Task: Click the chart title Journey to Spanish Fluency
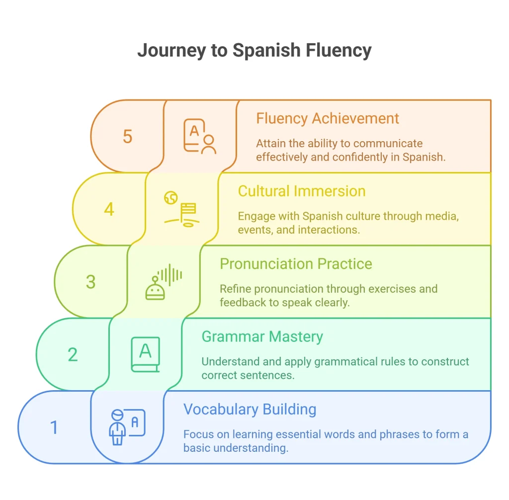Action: click(254, 51)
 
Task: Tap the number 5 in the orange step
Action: click(128, 136)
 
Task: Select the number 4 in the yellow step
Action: click(109, 209)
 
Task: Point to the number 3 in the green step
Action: click(91, 282)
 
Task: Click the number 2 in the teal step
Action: click(73, 354)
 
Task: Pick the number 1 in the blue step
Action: click(54, 427)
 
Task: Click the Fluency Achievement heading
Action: click(328, 118)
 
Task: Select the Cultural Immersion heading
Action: click(302, 191)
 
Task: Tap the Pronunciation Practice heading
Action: click(296, 264)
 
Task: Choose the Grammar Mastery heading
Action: click(262, 337)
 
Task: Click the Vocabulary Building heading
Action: click(250, 410)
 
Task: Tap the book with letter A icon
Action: click(146, 354)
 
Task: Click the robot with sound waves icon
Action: click(164, 282)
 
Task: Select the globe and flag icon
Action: click(181, 209)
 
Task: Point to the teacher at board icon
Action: click(127, 427)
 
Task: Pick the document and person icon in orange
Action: click(200, 136)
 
